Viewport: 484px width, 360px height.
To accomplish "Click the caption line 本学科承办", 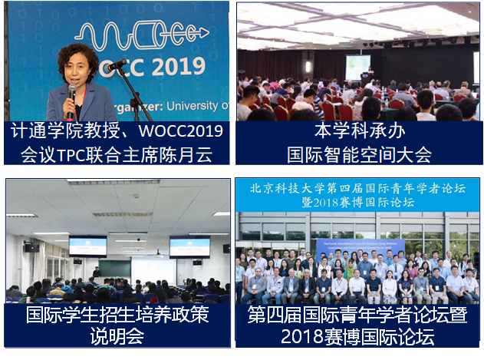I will pos(359,130).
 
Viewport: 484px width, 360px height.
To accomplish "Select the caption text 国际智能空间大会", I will pos(359,154).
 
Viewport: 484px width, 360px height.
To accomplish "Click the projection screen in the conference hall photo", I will pos(357,66).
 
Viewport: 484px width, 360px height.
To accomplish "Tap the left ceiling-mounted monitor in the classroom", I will pos(87,246).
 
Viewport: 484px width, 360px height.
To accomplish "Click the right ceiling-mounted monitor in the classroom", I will pos(189,246).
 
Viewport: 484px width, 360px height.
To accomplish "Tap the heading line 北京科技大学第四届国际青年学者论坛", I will pos(358,188).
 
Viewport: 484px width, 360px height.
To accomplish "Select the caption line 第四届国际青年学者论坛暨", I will pos(358,314).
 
